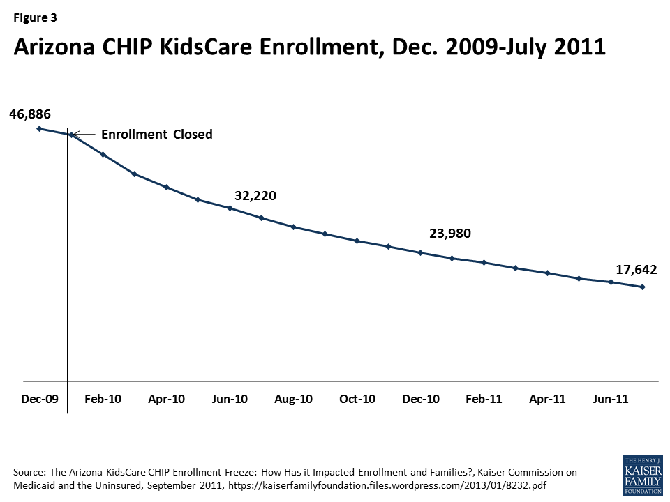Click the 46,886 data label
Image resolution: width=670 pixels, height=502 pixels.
(x=30, y=114)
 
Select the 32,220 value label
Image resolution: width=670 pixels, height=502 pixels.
(x=255, y=195)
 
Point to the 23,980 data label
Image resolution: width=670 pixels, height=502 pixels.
(x=450, y=234)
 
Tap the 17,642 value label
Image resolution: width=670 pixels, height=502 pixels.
(x=636, y=270)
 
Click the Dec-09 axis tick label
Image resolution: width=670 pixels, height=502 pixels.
(x=40, y=399)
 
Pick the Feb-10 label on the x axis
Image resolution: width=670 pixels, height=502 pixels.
(x=103, y=399)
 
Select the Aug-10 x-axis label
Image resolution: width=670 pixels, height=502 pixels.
(x=293, y=399)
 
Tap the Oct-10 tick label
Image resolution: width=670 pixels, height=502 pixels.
(x=357, y=399)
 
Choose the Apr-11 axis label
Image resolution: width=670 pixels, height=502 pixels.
(x=547, y=399)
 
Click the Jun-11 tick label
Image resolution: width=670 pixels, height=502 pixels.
(x=611, y=399)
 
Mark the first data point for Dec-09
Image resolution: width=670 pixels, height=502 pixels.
(x=39, y=128)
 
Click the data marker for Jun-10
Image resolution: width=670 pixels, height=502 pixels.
(x=230, y=208)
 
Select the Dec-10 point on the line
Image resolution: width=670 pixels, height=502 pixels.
(x=420, y=252)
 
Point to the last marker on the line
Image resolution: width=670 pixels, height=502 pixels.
(x=642, y=287)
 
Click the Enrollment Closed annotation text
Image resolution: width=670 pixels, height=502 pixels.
(x=157, y=135)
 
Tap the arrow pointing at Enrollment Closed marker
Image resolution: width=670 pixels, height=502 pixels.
(x=83, y=135)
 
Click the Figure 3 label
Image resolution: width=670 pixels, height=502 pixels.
(x=35, y=17)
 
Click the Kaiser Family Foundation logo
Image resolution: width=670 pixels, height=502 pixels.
(x=643, y=475)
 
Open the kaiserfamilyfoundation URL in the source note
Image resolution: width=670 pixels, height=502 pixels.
(x=387, y=486)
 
